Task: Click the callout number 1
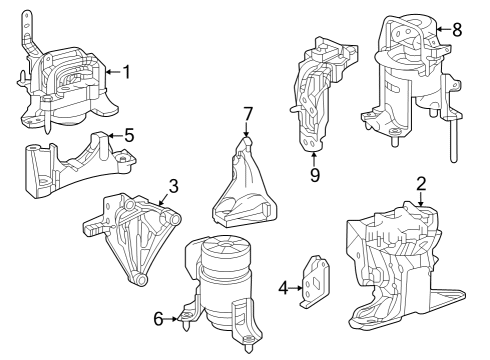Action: pos(126,71)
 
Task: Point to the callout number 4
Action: pos(283,288)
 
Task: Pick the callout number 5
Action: pos(128,135)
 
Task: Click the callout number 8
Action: pos(457,29)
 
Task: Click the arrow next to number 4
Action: pos(296,288)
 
